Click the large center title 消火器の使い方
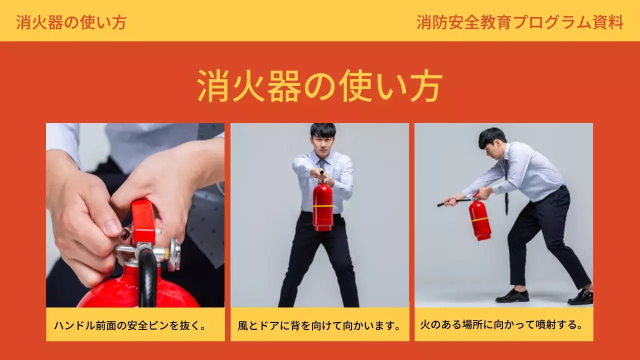point(320,86)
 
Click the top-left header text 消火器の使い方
point(71,22)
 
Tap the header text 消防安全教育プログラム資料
point(520,22)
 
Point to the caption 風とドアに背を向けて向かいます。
point(320,326)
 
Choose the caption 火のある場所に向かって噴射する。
point(502,324)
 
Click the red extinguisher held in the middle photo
point(322,206)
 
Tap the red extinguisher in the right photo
point(479,220)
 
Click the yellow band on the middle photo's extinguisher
point(323,205)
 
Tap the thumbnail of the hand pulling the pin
point(135,215)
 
